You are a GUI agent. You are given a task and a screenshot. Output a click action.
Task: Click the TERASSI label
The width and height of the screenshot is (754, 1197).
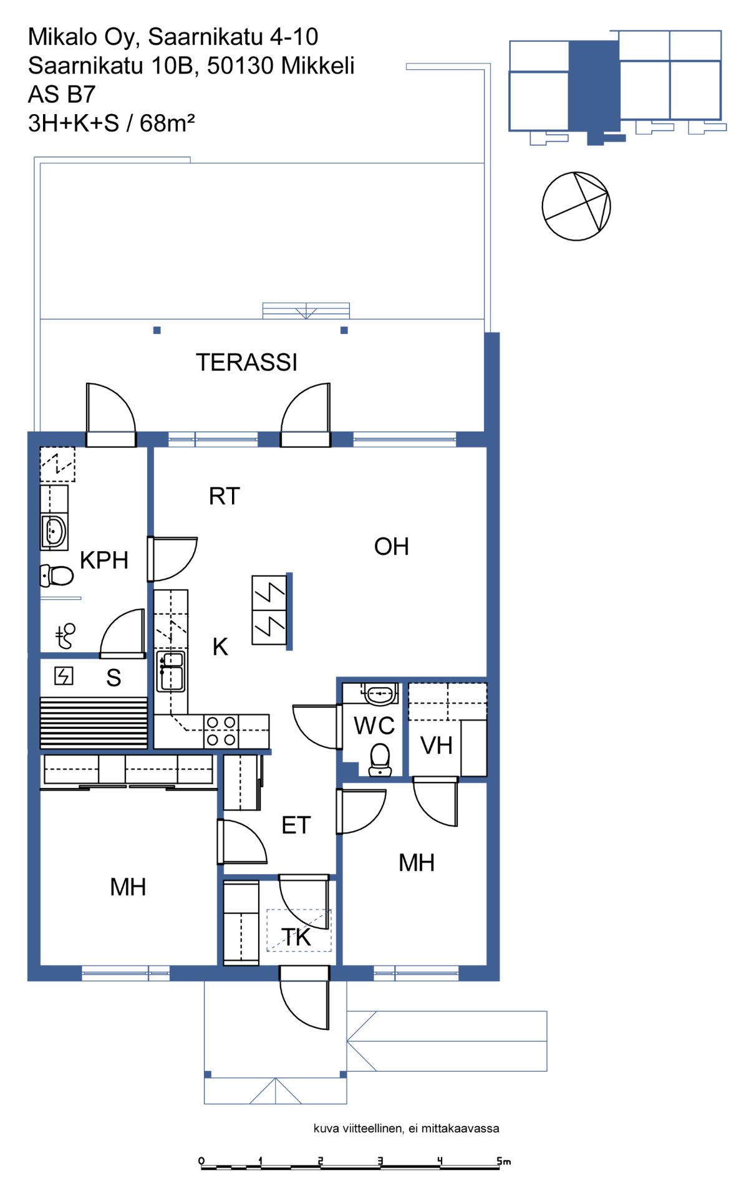[246, 362]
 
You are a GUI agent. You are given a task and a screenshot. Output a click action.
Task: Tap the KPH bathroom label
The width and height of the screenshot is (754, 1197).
[104, 560]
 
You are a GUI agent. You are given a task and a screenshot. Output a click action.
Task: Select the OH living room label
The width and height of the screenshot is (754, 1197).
[392, 547]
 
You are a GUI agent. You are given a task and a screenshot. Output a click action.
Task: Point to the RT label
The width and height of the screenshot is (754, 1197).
[225, 496]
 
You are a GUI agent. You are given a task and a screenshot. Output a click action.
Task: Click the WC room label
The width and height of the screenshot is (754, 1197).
[374, 726]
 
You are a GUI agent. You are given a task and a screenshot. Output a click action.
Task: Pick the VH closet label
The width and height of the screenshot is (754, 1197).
[437, 746]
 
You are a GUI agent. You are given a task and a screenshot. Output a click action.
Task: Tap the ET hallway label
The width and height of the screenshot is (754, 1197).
[296, 825]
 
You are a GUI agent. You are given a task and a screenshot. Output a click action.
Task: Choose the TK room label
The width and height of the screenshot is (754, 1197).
[296, 937]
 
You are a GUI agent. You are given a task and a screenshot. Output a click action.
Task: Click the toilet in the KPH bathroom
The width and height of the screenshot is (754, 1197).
[57, 575]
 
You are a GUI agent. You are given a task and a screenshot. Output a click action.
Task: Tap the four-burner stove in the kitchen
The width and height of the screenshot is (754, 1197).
[221, 731]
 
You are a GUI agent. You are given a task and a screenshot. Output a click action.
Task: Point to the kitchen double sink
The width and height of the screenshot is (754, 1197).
[171, 671]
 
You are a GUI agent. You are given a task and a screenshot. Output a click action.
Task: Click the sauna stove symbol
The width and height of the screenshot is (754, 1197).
[64, 676]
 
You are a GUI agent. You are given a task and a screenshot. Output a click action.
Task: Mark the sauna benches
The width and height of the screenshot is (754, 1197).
[94, 723]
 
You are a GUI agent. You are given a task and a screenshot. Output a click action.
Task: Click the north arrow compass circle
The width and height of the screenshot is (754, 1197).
[576, 206]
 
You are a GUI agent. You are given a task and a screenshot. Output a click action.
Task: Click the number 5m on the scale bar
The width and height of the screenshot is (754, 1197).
[504, 1161]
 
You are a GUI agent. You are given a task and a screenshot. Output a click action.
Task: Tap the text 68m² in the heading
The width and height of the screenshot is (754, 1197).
[167, 123]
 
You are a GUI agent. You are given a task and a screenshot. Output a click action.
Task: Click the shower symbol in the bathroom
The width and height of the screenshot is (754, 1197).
[65, 636]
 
